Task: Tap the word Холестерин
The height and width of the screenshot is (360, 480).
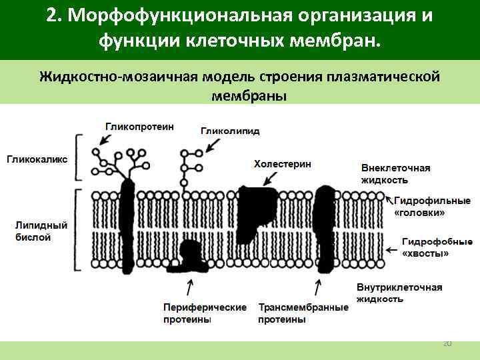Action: pos(282,163)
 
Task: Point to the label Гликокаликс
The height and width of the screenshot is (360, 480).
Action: pos(37,159)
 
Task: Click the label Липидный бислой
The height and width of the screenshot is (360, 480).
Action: pos(33,231)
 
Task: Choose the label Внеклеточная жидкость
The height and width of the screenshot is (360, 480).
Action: pos(395,174)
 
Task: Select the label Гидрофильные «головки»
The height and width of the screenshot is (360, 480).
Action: pos(432,206)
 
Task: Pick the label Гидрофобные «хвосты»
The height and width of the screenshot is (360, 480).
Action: pos(437,247)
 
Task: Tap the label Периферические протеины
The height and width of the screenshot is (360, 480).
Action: pos(204,313)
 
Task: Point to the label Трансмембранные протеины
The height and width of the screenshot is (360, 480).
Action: pos(303,313)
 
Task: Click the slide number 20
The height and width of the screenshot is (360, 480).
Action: pos(447,343)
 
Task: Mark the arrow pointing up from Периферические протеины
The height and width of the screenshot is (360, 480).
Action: pos(190,289)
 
